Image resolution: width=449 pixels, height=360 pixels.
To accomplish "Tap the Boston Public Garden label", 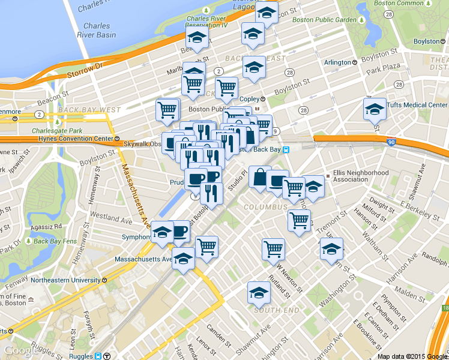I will (328, 20).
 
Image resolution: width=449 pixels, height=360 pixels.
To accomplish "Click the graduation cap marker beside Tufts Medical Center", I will (375, 110).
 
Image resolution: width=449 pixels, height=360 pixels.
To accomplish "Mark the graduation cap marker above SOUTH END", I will (259, 293).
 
